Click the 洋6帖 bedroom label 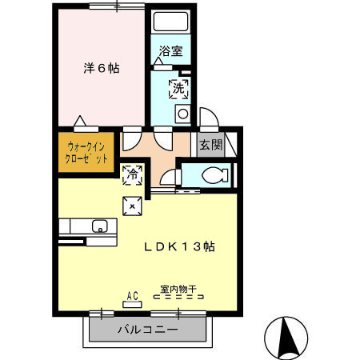pos(101,69)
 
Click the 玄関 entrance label pos(210,145)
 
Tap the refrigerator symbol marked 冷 pos(132,173)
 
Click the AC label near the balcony pos(133,294)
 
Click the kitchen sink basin pos(101,226)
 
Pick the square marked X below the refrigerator pos(132,206)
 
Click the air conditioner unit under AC pos(133,303)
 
